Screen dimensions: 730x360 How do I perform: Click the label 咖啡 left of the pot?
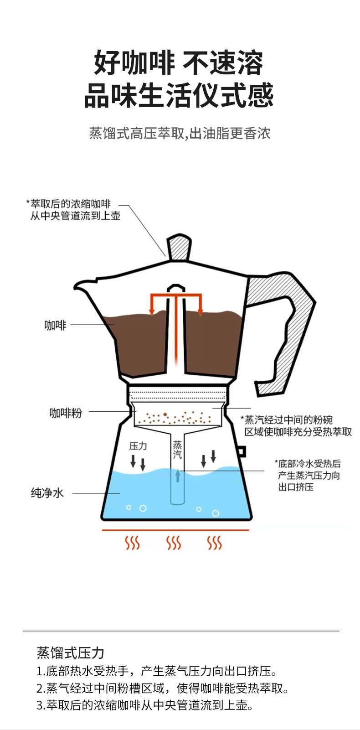coord(55,325)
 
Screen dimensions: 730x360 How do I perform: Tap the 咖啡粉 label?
coord(66,413)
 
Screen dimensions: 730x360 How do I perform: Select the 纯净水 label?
coord(47,493)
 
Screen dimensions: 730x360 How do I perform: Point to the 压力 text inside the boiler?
coord(138,445)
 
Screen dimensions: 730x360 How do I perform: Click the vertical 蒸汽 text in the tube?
coord(177,450)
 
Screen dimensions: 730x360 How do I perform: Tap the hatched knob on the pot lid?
coord(179,248)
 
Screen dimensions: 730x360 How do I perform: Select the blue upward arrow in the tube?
coord(178,476)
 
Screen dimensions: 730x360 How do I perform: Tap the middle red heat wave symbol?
coord(174,543)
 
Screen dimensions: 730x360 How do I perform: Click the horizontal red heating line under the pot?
coord(175,530)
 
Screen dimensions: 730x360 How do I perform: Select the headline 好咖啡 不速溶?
coord(179,63)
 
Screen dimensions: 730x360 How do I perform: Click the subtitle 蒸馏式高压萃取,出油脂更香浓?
coord(180,133)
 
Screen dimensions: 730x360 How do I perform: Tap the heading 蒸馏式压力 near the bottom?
coord(71,653)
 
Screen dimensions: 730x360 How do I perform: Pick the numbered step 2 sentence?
coord(163,688)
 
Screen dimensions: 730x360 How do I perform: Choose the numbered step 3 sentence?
coord(144,705)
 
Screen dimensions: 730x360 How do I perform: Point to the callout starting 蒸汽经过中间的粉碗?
coord(298,425)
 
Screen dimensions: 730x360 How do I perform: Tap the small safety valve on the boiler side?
coord(241,451)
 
